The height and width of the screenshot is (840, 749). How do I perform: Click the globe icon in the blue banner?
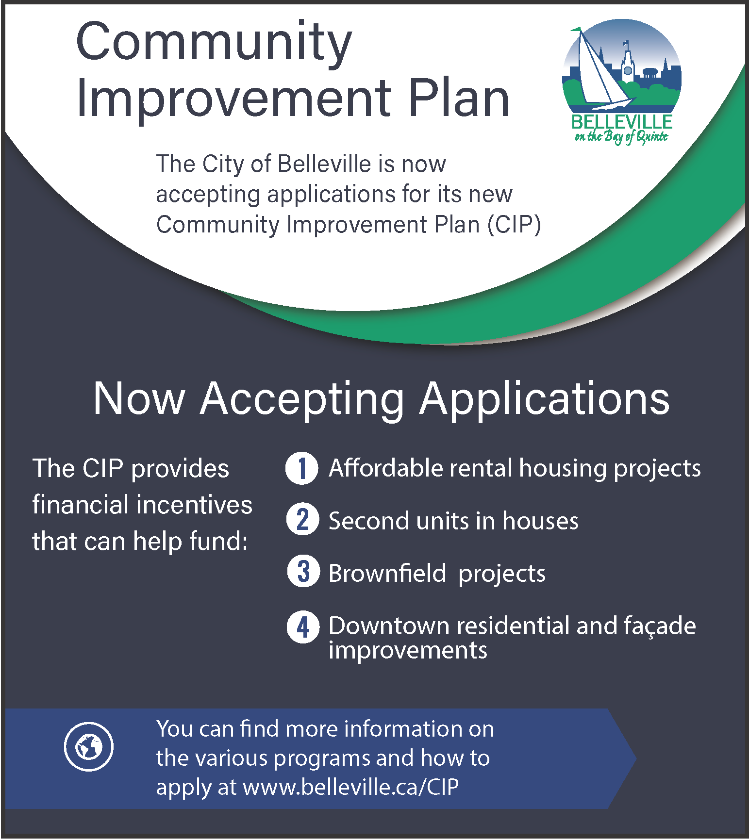(88, 746)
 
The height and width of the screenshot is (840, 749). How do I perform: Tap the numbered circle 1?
(302, 468)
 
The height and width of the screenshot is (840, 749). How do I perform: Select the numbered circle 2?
(303, 519)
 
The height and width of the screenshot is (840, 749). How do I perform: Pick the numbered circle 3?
(303, 571)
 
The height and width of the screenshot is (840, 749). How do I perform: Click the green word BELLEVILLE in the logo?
(622, 121)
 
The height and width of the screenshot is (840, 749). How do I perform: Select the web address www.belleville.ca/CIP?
(351, 787)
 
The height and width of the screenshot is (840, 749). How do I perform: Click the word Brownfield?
(387, 573)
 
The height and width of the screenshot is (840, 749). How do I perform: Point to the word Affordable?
(386, 468)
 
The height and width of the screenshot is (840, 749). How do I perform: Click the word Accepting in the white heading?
(302, 399)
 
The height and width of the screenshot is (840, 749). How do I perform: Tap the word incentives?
(194, 505)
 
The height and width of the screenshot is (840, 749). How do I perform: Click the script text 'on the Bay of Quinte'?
(621, 136)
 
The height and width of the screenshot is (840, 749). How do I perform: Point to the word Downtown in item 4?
(389, 626)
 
